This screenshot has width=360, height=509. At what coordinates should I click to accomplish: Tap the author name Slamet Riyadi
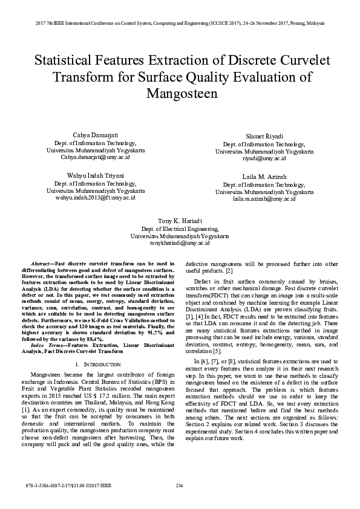[268, 137]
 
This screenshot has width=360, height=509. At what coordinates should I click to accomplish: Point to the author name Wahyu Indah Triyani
[91, 175]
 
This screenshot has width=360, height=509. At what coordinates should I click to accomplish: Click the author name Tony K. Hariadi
[180, 221]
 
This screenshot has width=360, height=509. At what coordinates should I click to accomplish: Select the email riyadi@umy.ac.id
[268, 158]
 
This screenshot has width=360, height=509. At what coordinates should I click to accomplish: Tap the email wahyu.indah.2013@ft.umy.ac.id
[91, 197]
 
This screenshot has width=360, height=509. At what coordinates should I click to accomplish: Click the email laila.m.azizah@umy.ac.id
[268, 198]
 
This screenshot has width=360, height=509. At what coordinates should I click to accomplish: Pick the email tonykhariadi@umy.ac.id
[180, 243]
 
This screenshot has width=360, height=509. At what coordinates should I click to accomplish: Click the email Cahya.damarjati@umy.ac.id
[91, 156]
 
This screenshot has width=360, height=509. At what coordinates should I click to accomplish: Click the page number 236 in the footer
[179, 486]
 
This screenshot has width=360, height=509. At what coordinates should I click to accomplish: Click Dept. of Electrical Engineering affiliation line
[180, 229]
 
